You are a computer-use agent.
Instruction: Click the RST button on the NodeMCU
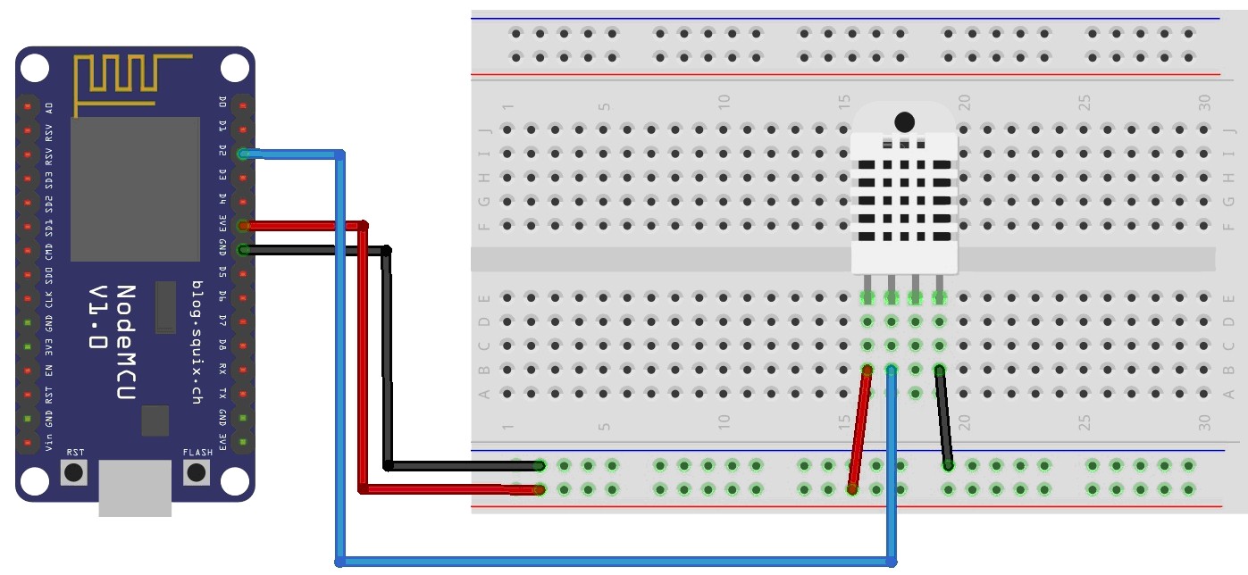tap(74, 471)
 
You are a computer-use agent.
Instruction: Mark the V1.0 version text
tap(101, 318)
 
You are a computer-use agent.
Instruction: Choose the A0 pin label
tap(49, 107)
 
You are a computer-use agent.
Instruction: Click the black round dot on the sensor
tap(904, 121)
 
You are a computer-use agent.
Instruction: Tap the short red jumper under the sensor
tap(859, 429)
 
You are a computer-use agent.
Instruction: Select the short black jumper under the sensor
tap(943, 417)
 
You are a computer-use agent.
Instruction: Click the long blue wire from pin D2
tap(616, 561)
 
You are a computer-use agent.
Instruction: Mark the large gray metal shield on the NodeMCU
tap(135, 188)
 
